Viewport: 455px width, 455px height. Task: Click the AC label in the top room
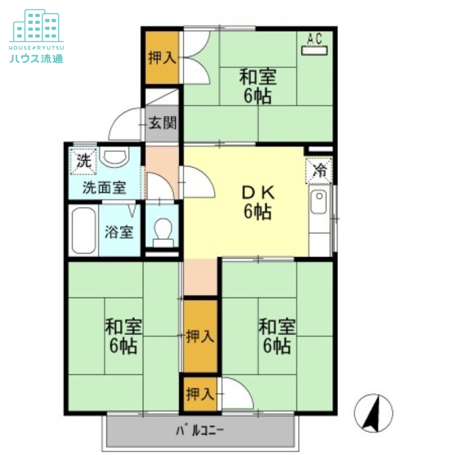pyautogui.click(x=315, y=39)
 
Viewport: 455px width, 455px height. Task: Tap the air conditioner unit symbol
pyautogui.click(x=315, y=51)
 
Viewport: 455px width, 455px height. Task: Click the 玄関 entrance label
pyautogui.click(x=162, y=123)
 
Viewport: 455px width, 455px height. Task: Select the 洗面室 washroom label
pyautogui.click(x=105, y=188)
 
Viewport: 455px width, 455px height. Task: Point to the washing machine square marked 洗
pyautogui.click(x=84, y=162)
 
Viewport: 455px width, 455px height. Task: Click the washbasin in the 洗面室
pyautogui.click(x=115, y=157)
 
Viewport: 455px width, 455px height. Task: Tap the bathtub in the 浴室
pyautogui.click(x=84, y=231)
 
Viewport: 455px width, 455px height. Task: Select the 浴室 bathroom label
pyautogui.click(x=119, y=232)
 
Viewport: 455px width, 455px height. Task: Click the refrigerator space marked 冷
pyautogui.click(x=318, y=171)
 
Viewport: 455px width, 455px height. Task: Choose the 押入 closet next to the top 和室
pyautogui.click(x=162, y=57)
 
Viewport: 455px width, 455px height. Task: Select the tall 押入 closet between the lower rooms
pyautogui.click(x=200, y=336)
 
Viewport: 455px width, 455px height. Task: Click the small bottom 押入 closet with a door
pyautogui.click(x=200, y=394)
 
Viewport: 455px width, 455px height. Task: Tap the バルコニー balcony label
pyautogui.click(x=200, y=431)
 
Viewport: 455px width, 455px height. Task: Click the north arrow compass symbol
pyautogui.click(x=374, y=413)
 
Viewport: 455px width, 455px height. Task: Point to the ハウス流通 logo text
pyautogui.click(x=36, y=59)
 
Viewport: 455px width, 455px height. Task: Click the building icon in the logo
pyautogui.click(x=36, y=26)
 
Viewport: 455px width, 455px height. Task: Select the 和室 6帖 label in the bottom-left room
pyautogui.click(x=123, y=336)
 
